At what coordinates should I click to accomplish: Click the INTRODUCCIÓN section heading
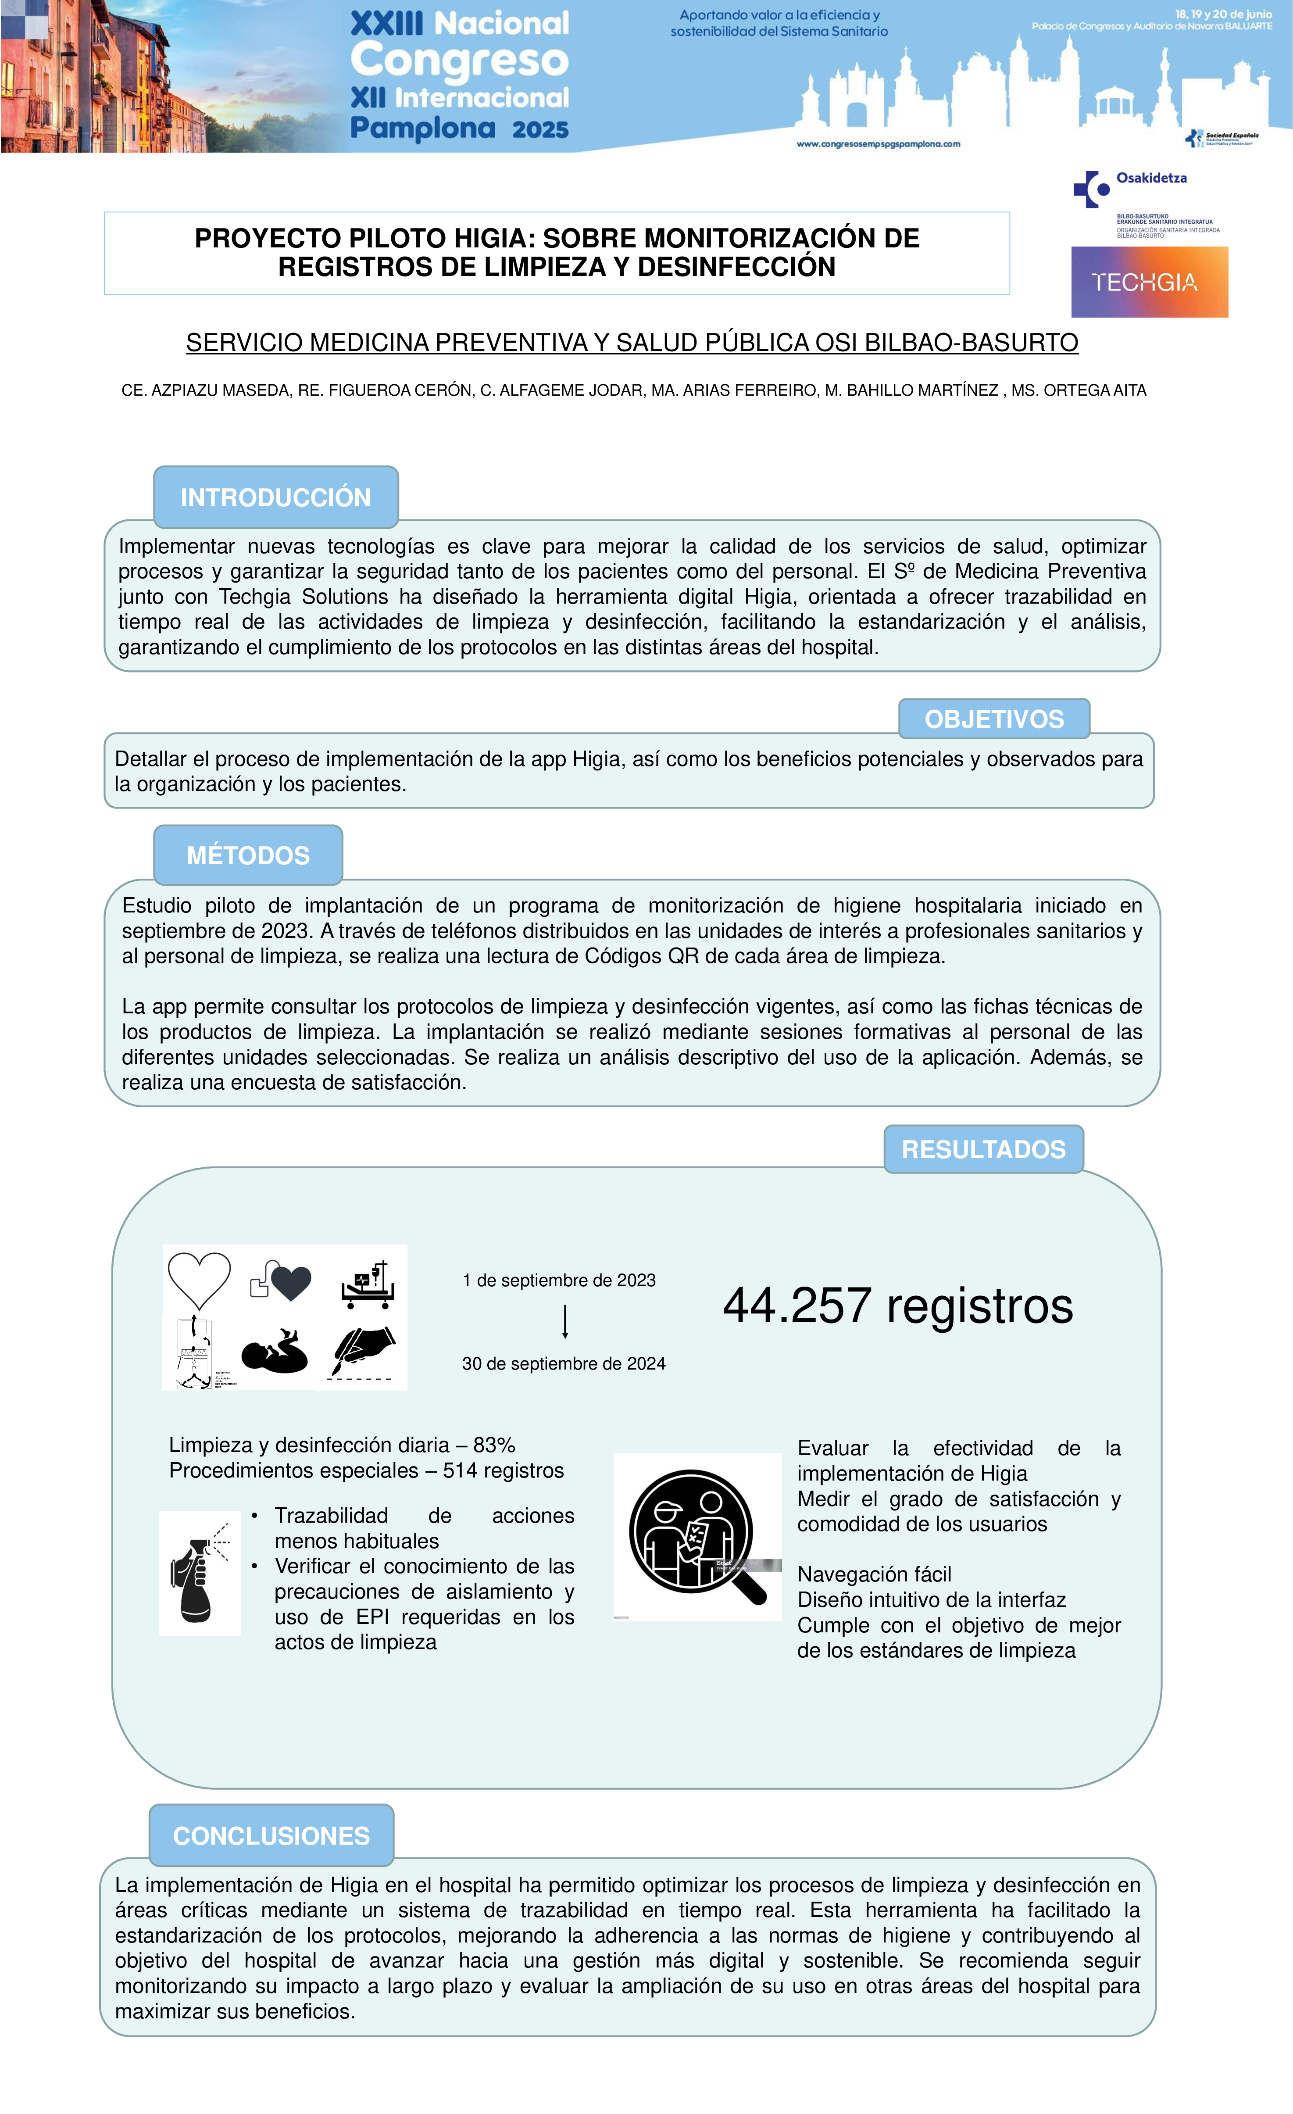click(x=275, y=497)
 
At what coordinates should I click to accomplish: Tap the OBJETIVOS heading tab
click(x=993, y=719)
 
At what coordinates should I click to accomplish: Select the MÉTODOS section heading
click(x=248, y=855)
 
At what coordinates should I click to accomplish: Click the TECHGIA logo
click(x=1149, y=282)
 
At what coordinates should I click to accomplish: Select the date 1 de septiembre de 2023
click(x=558, y=1280)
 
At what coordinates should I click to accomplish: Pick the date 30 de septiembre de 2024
click(x=564, y=1363)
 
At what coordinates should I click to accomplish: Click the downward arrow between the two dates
click(x=564, y=1321)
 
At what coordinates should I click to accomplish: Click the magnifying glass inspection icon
click(x=697, y=1538)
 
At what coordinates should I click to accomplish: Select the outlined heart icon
click(x=199, y=1280)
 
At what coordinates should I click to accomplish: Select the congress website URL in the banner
click(x=878, y=144)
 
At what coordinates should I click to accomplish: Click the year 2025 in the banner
click(x=540, y=129)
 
